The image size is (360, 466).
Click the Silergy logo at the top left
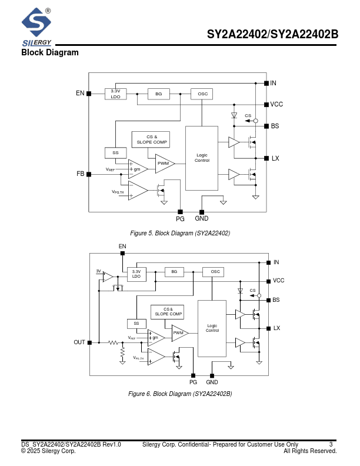point(36,26)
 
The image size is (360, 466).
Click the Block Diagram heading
point(50,53)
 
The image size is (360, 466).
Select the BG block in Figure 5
point(158,94)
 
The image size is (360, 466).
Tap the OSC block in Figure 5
point(202,94)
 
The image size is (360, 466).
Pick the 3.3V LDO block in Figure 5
point(115,94)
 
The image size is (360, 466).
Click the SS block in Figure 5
point(115,152)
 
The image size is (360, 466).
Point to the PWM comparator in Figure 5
point(164,163)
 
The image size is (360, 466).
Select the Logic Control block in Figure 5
point(202,158)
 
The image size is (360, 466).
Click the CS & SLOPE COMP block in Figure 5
point(152,139)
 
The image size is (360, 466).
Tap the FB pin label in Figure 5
point(80,174)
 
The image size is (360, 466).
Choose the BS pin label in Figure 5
point(275,126)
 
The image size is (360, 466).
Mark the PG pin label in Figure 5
point(180,219)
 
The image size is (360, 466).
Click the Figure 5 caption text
point(180,234)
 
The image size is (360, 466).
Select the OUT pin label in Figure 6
point(79,342)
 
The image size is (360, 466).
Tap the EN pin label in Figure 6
point(122,246)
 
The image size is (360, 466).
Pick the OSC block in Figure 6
point(215,272)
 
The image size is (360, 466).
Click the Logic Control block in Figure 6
point(212,328)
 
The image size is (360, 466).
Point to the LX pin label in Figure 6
point(277,328)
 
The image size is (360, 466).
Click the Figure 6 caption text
point(180,394)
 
